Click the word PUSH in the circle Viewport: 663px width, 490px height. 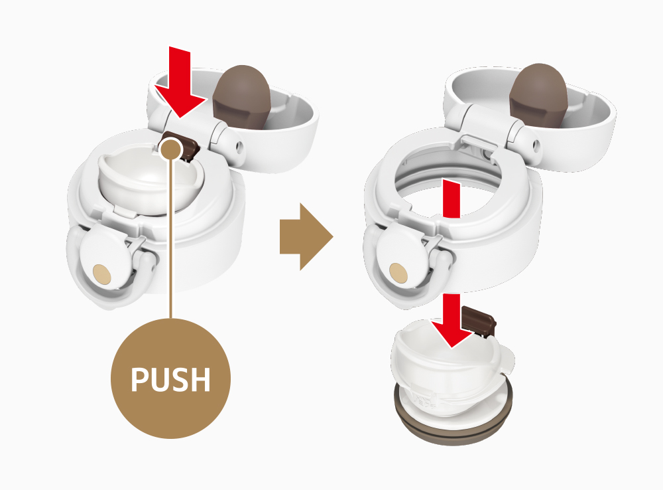point(170,378)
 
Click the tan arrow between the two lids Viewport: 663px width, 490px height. point(306,236)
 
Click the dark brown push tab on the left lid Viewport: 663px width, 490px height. point(181,145)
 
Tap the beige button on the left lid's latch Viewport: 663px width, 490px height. point(101,274)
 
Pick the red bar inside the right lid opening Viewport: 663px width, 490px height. point(451,199)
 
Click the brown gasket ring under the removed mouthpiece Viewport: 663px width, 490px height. point(453,419)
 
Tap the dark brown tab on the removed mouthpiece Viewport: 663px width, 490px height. point(479,320)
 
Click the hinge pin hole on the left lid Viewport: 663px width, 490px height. point(240,147)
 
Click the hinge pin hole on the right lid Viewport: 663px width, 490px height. point(536,147)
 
